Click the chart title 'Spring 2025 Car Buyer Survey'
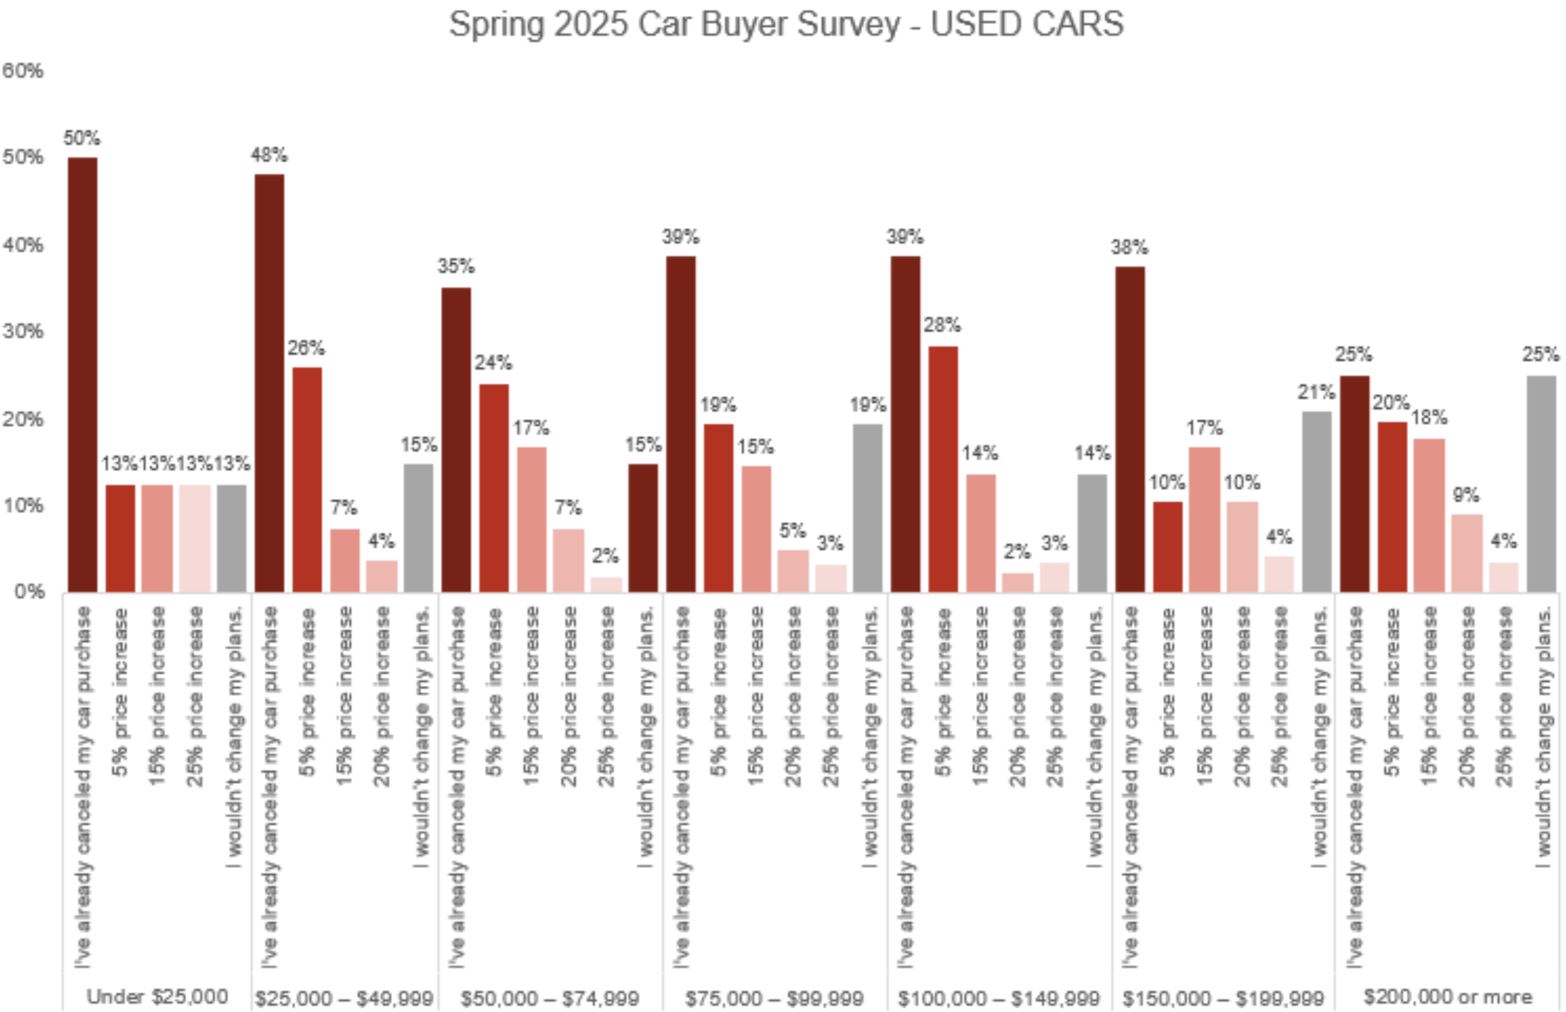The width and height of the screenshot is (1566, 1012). [x=786, y=24]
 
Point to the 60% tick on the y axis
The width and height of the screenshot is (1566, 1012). [x=23, y=71]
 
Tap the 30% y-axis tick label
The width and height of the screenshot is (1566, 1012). [x=23, y=331]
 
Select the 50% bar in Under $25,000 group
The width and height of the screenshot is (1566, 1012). [x=82, y=374]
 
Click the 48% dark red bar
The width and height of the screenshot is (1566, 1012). [x=269, y=383]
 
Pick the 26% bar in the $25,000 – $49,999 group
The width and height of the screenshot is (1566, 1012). [x=307, y=479]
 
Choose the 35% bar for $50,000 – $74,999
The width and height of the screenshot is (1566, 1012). [x=456, y=440]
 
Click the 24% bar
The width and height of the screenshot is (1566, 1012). [x=494, y=488]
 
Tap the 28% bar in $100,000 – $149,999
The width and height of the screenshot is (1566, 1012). [x=943, y=469]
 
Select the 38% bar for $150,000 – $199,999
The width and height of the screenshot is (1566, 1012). [x=1129, y=429]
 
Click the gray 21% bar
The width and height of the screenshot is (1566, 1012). [x=1317, y=501]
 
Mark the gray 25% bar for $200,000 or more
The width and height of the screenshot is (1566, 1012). [x=1542, y=484]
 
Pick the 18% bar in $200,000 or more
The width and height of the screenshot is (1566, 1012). [x=1429, y=515]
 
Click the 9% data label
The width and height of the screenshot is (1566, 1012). [x=1466, y=496]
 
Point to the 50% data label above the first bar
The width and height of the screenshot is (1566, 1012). [x=82, y=138]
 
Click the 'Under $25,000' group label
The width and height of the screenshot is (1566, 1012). [x=157, y=996]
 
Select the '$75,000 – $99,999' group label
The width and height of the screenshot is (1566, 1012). [x=775, y=997]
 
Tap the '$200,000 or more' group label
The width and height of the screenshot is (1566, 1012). [x=1448, y=996]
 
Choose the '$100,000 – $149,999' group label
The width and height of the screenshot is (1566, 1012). [x=999, y=997]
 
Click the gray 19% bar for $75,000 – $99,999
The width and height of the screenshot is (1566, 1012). [x=868, y=507]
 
